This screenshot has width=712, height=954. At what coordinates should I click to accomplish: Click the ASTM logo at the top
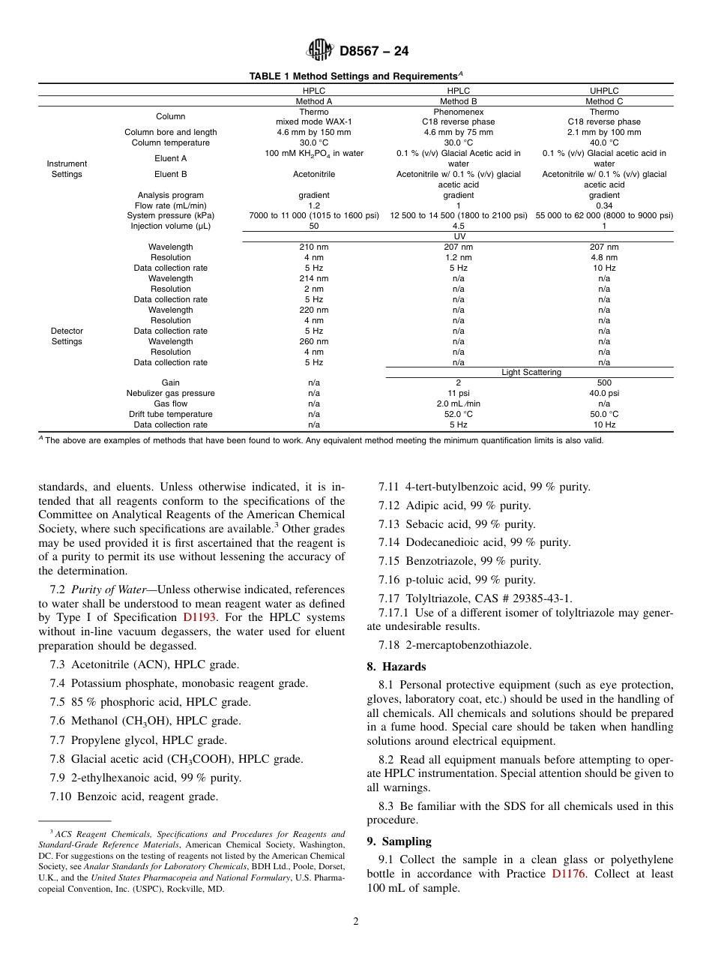tap(320, 51)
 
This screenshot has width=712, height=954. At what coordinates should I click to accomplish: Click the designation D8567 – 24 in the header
tap(374, 52)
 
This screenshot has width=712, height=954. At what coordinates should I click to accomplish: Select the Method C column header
tap(604, 101)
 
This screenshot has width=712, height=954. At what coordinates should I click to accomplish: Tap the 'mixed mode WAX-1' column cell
tap(313, 121)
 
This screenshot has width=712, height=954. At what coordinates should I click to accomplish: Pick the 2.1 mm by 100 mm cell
tap(604, 132)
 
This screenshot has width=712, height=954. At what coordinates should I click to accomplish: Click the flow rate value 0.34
tap(604, 205)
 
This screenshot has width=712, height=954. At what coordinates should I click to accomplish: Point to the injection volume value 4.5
tap(459, 226)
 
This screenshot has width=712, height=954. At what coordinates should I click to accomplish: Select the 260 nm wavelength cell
tap(313, 341)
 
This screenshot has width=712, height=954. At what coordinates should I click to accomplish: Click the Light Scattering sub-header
tap(531, 372)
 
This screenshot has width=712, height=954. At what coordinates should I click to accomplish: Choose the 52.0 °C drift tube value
tap(459, 414)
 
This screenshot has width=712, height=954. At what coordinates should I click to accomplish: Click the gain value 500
tap(604, 382)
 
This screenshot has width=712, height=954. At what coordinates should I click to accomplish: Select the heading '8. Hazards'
tap(396, 667)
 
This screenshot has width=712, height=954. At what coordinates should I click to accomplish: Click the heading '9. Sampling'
tap(399, 841)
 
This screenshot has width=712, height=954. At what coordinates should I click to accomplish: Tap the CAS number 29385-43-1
tap(538, 598)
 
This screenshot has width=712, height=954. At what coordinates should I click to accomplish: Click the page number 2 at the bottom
tap(356, 922)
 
